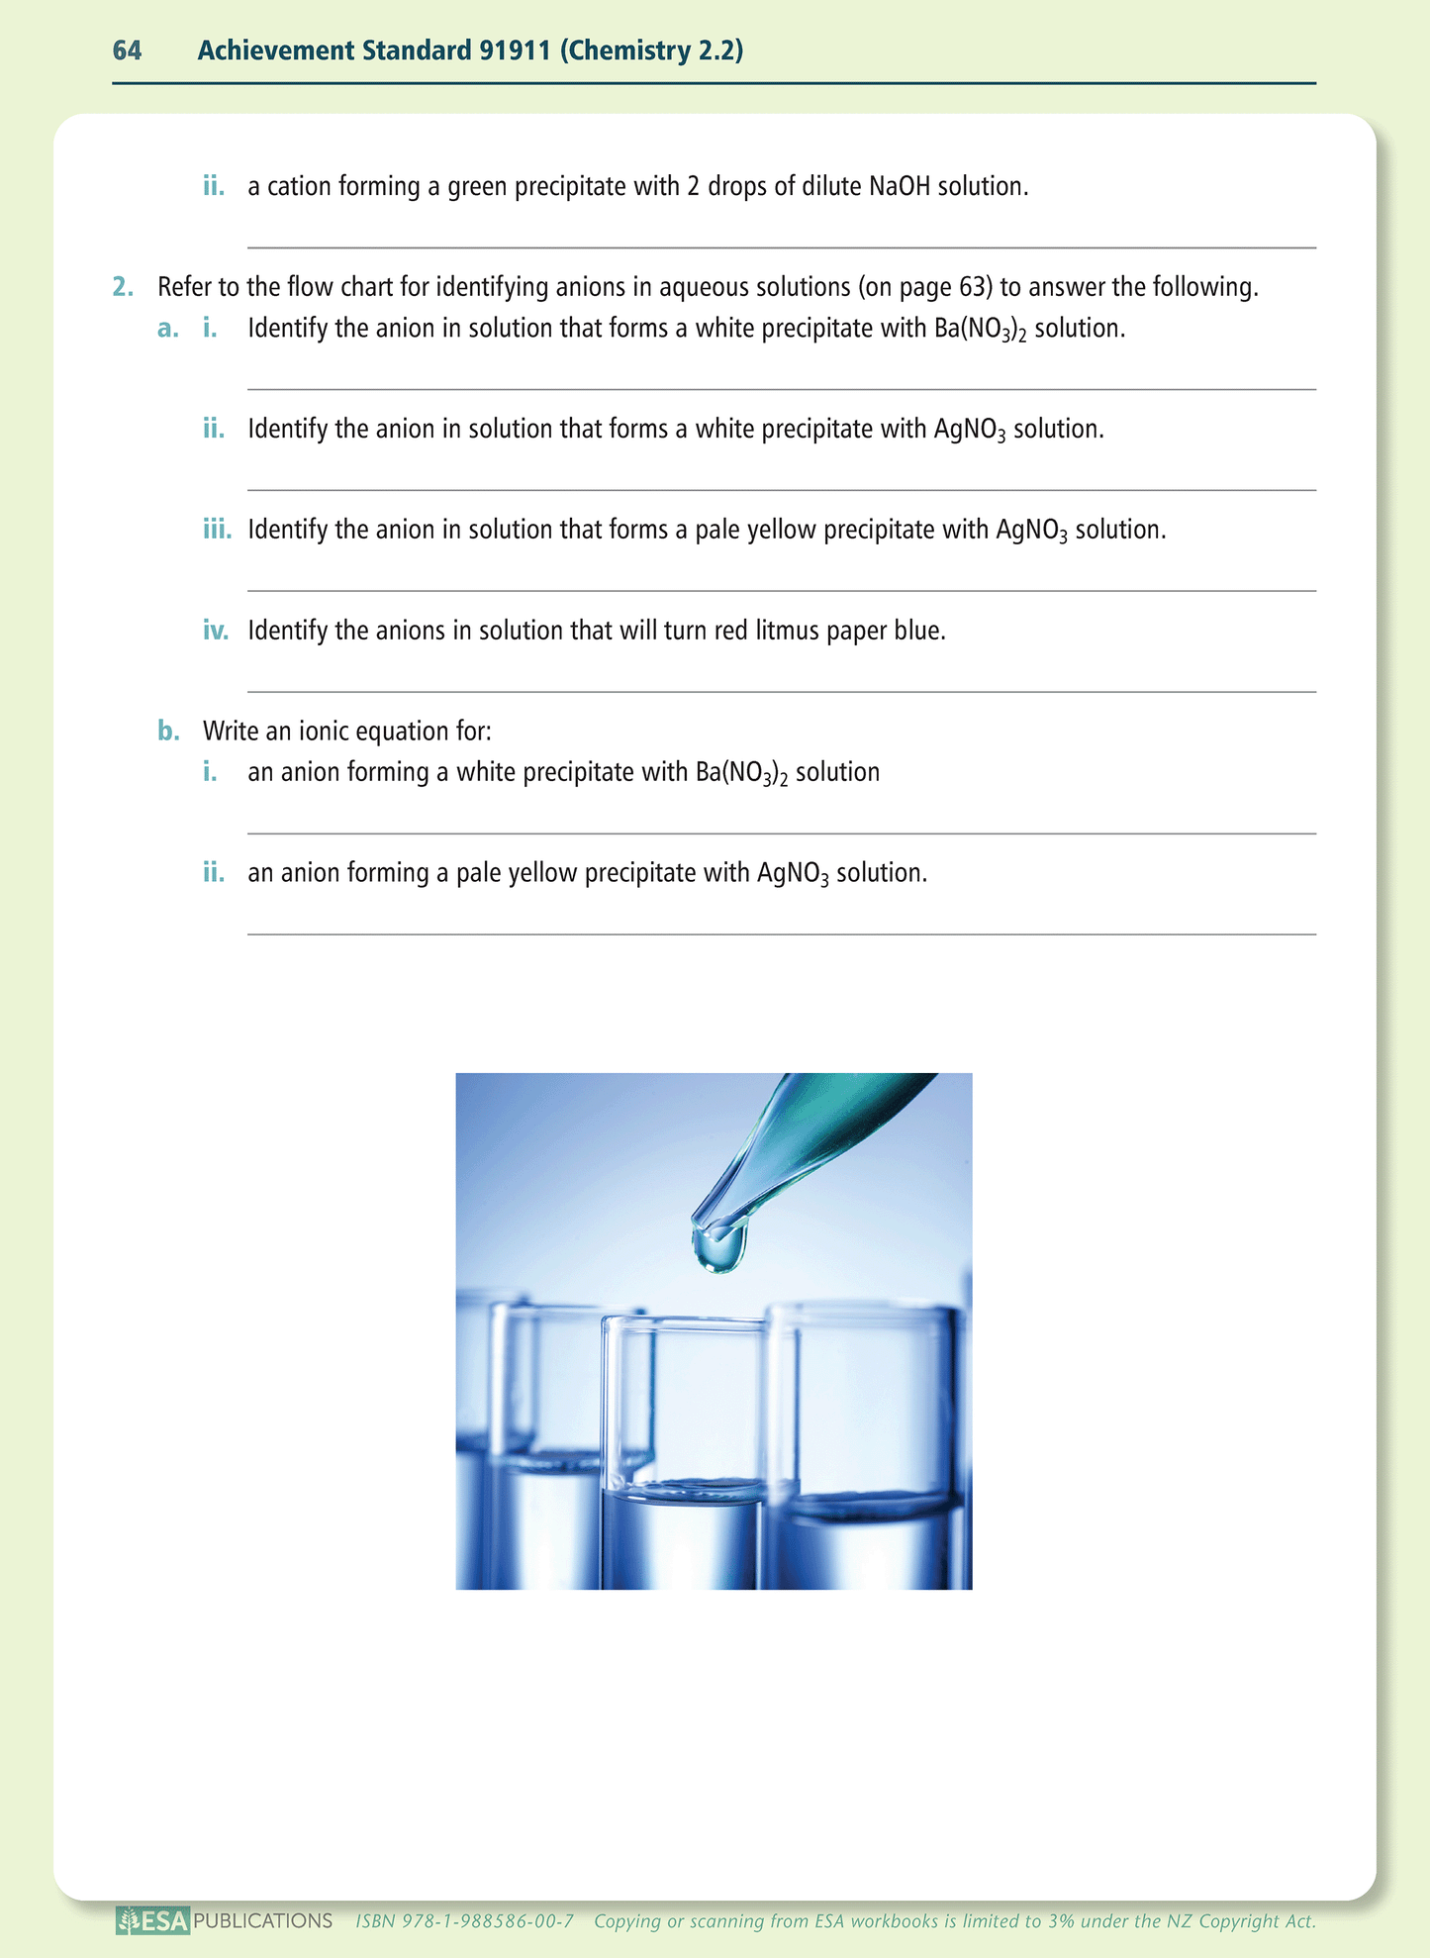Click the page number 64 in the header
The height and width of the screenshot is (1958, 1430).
coord(127,50)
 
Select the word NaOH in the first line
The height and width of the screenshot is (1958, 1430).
coord(899,186)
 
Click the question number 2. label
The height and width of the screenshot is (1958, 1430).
coord(122,288)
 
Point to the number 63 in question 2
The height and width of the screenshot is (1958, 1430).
coord(972,288)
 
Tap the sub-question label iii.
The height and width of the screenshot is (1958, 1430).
coord(217,530)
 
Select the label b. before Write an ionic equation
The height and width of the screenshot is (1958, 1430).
coord(168,732)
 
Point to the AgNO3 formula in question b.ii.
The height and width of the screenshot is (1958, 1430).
coord(792,874)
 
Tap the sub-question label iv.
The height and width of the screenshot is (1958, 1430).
coord(215,631)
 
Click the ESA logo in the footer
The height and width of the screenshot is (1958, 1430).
coord(152,1921)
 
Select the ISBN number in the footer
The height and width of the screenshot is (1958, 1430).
coord(465,1921)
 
